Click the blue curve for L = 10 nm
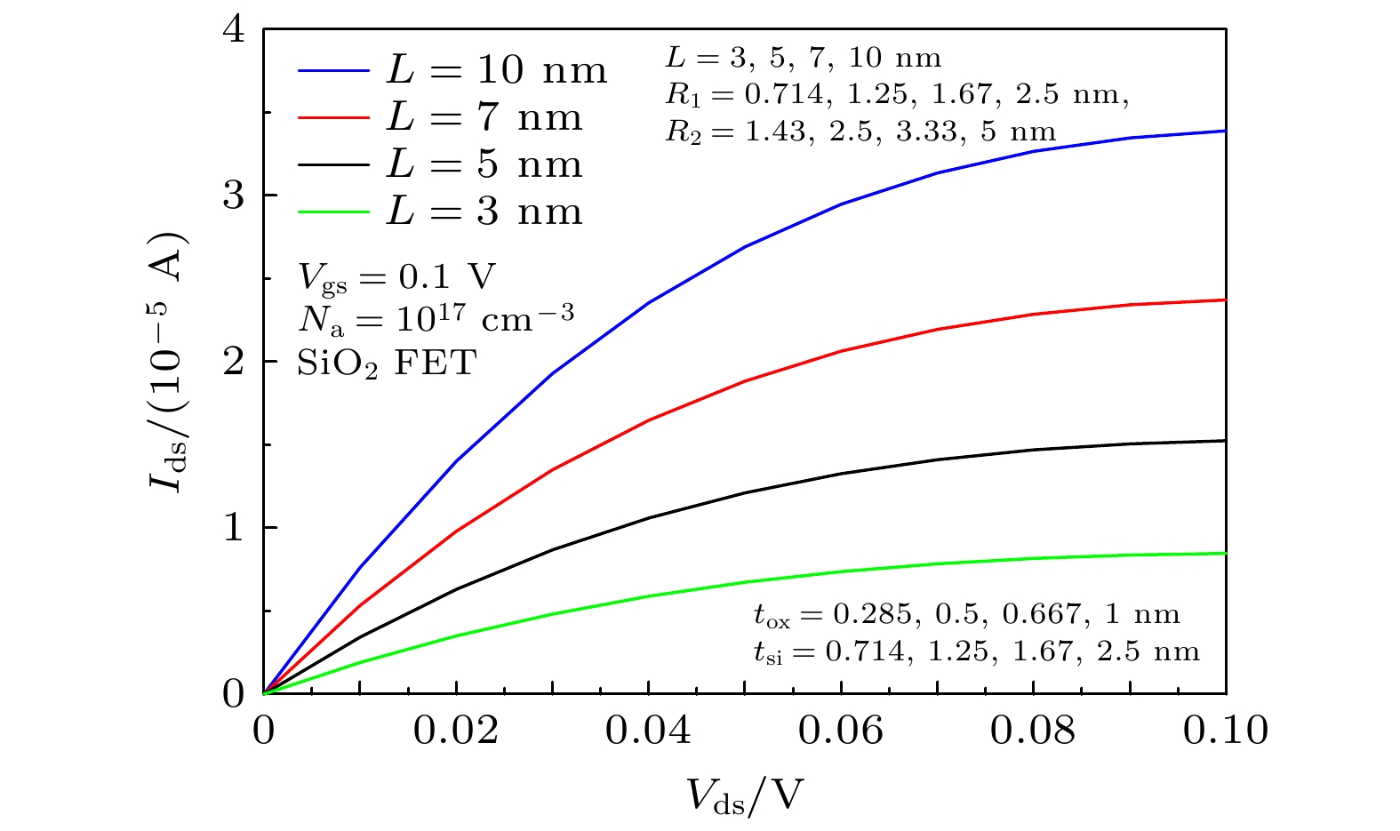point(745,246)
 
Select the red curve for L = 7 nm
point(745,381)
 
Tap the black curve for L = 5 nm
point(745,493)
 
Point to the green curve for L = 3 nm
point(745,583)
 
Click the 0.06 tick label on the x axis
point(841,731)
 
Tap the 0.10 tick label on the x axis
point(1225,731)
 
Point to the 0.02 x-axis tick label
point(456,731)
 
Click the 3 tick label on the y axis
point(234,196)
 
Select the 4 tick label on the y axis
point(234,29)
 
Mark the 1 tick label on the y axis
point(234,528)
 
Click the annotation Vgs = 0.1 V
point(396,278)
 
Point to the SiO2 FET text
point(387,364)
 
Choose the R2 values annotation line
point(860,132)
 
